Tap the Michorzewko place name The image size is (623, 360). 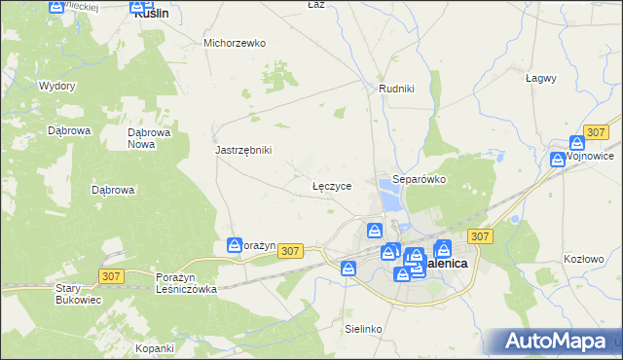[235, 43]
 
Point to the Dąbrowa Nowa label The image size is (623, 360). [150, 137]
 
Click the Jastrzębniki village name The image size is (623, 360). [242, 150]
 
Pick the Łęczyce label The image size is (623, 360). [331, 184]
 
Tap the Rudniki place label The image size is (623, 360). [396, 89]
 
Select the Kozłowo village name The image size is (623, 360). [583, 259]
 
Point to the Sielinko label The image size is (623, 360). [362, 329]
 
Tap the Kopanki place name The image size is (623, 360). [155, 347]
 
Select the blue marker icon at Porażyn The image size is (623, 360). [234, 246]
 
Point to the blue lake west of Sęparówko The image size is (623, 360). [390, 199]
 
